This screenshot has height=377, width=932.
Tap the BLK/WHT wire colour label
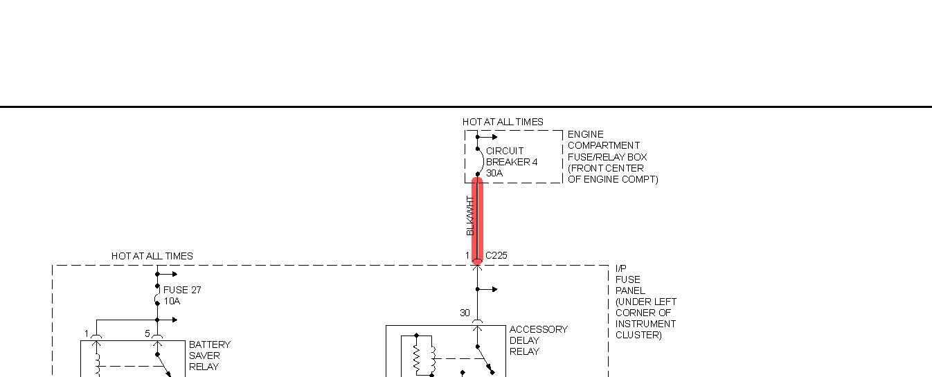(470, 216)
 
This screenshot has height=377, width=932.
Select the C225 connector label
(496, 255)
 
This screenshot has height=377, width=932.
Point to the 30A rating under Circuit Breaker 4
(494, 173)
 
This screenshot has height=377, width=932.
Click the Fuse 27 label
(182, 290)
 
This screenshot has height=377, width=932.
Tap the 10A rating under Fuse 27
(172, 302)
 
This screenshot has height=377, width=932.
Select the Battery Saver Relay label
(209, 356)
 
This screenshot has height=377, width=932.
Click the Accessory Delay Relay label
(538, 340)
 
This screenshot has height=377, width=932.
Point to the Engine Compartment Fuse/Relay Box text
(612, 156)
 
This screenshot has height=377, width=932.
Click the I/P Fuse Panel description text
(645, 302)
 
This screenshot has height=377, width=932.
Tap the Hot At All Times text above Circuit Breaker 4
(503, 122)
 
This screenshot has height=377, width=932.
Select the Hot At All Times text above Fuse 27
(152, 256)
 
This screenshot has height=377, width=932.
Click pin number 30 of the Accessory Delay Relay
(465, 313)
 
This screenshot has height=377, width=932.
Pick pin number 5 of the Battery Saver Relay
(147, 333)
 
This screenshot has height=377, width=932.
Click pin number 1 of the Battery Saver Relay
(87, 333)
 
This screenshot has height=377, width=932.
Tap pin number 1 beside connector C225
(467, 255)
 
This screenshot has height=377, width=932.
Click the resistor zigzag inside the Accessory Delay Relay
(417, 358)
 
